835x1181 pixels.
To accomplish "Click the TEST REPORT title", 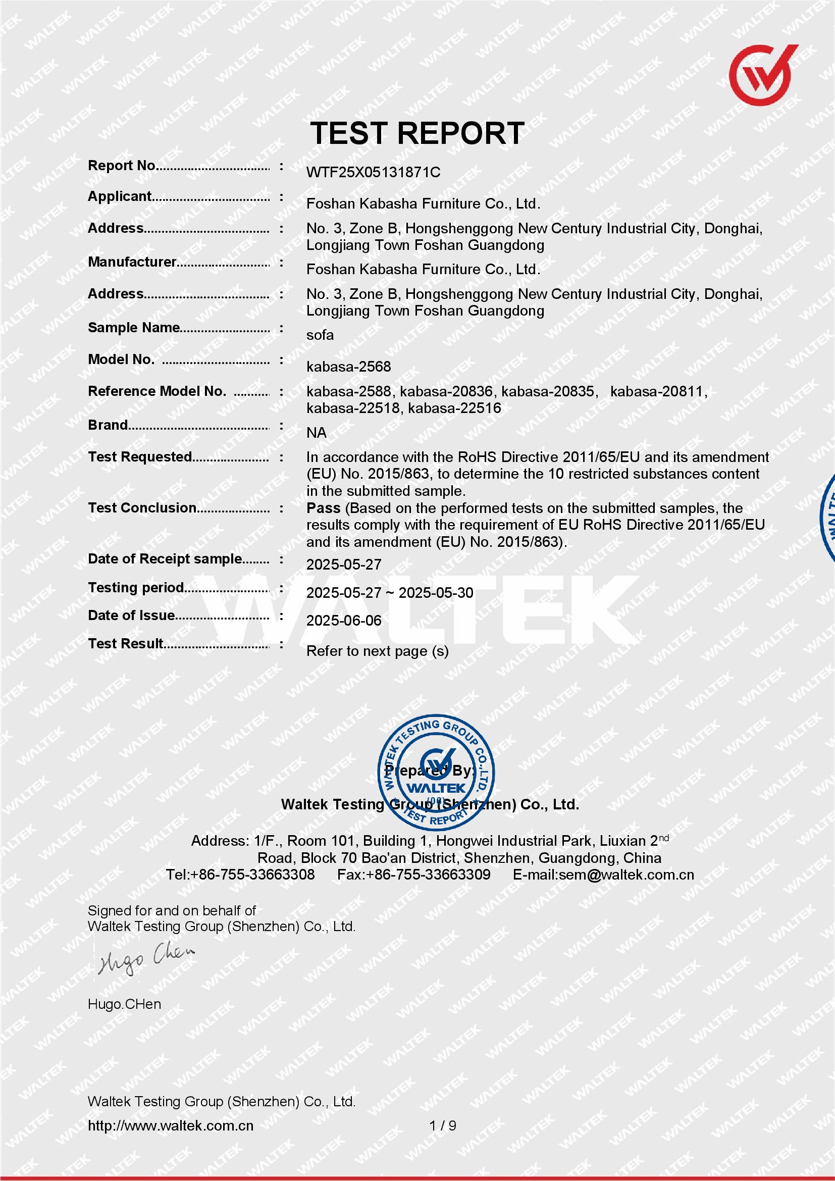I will [417, 133].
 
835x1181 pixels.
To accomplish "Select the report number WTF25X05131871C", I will [373, 172].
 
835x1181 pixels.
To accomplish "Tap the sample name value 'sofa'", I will [320, 335].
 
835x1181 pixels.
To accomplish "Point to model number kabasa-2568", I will [348, 367].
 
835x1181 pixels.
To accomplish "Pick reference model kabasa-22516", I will [454, 408].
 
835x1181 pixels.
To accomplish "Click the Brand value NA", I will [316, 433].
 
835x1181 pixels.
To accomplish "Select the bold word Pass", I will [323, 508].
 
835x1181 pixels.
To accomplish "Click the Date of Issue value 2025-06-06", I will [343, 621].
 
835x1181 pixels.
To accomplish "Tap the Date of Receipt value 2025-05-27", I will [343, 565].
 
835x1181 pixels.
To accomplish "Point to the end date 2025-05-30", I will [436, 593].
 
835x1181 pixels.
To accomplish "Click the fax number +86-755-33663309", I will [428, 875].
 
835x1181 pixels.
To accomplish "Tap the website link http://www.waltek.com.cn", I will [170, 1125].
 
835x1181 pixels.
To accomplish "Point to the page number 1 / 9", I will [443, 1125].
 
